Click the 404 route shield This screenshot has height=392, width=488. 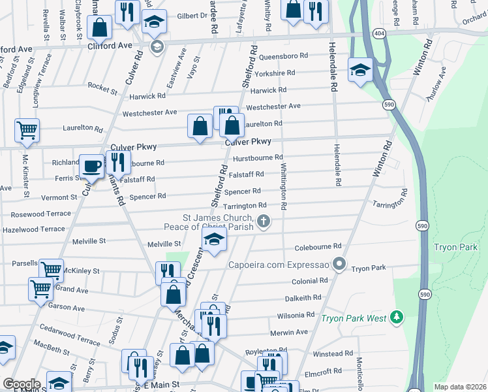[378, 32]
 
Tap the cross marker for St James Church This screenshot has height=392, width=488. [264, 221]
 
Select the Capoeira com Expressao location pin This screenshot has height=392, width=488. [339, 264]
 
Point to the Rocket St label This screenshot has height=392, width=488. [102, 86]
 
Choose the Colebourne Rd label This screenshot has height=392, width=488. [318, 246]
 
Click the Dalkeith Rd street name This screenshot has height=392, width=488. [303, 297]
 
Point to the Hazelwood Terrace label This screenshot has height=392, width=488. [34, 229]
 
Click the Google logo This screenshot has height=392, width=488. [22, 384]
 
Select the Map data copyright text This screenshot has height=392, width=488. [460, 387]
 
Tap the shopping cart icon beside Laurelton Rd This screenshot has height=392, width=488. [27, 130]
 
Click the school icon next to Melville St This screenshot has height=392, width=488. [214, 240]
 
